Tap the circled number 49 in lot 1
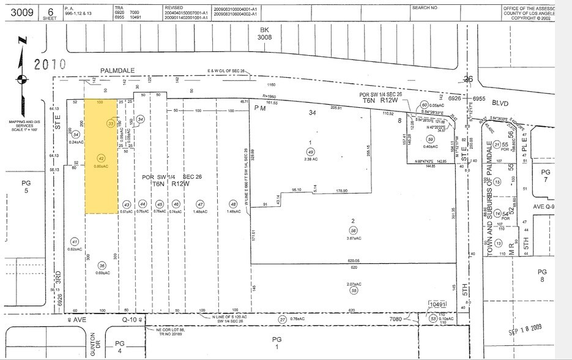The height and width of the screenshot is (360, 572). [311, 151]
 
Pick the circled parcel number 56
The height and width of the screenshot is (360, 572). [354, 230]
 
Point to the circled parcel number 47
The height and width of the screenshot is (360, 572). [200, 204]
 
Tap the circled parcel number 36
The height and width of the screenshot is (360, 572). [102, 265]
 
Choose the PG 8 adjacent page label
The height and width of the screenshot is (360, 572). [541, 275]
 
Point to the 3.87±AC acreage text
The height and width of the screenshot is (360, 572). [353, 238]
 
